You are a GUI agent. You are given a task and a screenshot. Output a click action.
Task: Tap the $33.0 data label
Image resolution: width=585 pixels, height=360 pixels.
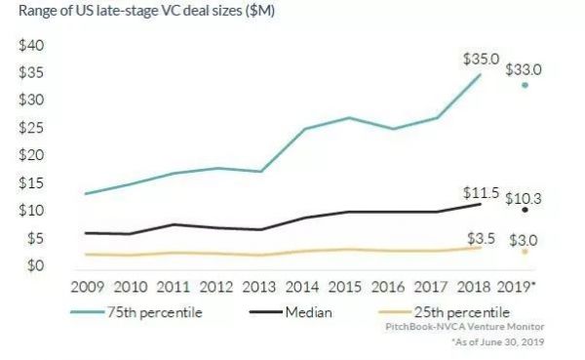click(x=524, y=70)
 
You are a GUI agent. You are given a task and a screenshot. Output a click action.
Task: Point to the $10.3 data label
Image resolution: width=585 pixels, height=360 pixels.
click(x=524, y=198)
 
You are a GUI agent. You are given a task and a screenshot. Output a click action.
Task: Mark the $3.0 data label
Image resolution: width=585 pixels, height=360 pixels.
click(x=524, y=239)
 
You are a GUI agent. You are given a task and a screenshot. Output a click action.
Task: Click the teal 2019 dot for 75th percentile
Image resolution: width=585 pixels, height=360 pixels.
click(x=526, y=85)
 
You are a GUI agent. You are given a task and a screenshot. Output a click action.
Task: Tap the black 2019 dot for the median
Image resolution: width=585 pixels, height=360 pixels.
click(x=526, y=210)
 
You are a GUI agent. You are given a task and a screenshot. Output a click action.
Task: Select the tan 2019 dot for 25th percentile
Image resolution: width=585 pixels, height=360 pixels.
click(x=526, y=252)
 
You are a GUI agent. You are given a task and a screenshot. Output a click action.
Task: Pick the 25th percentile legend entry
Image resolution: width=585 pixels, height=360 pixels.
click(x=449, y=312)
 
